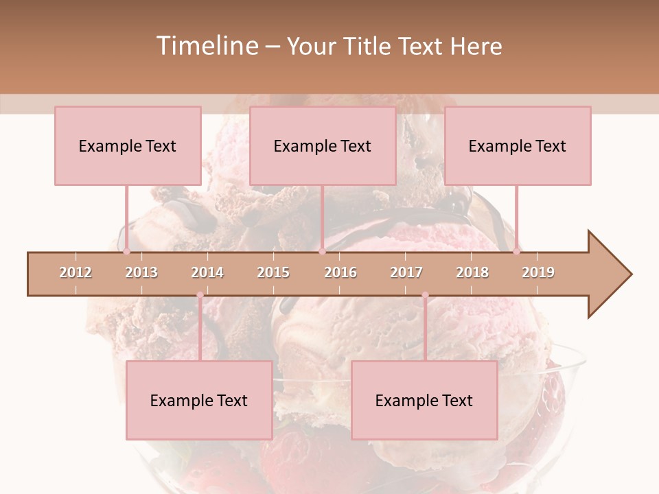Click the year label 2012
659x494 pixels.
coord(76,272)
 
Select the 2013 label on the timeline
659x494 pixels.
coord(141,272)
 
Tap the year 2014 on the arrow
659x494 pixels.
coord(207,272)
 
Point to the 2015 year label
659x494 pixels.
coord(273,272)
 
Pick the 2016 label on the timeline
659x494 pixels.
coord(340,272)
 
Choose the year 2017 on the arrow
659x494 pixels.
coord(406,272)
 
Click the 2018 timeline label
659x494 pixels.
coord(472,272)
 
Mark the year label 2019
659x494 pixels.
coord(538,272)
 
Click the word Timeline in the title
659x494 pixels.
coord(206,46)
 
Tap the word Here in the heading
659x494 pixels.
coord(476,46)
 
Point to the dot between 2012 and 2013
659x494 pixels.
coord(126,252)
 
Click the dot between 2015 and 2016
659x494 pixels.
coord(322,252)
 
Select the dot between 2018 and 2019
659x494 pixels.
coord(517,252)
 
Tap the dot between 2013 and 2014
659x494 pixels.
coord(200,295)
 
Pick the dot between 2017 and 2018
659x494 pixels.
coord(425,295)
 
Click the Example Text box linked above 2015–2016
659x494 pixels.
coord(323,145)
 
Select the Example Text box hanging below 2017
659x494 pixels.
coord(424,400)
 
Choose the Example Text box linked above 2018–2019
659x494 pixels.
coord(518,145)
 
